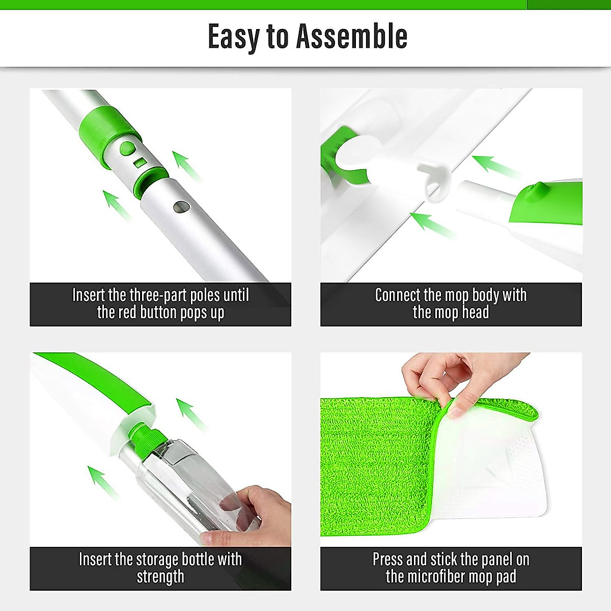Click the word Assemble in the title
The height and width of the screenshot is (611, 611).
(352, 37)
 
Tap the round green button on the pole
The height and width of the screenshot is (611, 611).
(127, 149)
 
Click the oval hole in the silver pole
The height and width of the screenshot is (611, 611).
(181, 207)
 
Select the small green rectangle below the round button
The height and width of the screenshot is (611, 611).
(139, 163)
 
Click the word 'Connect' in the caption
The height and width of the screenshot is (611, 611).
(398, 295)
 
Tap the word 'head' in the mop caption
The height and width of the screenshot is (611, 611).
(475, 312)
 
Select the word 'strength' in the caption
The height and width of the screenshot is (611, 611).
(160, 576)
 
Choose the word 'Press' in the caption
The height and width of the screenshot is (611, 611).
(388, 559)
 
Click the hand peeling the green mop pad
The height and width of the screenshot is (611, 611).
(448, 377)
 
